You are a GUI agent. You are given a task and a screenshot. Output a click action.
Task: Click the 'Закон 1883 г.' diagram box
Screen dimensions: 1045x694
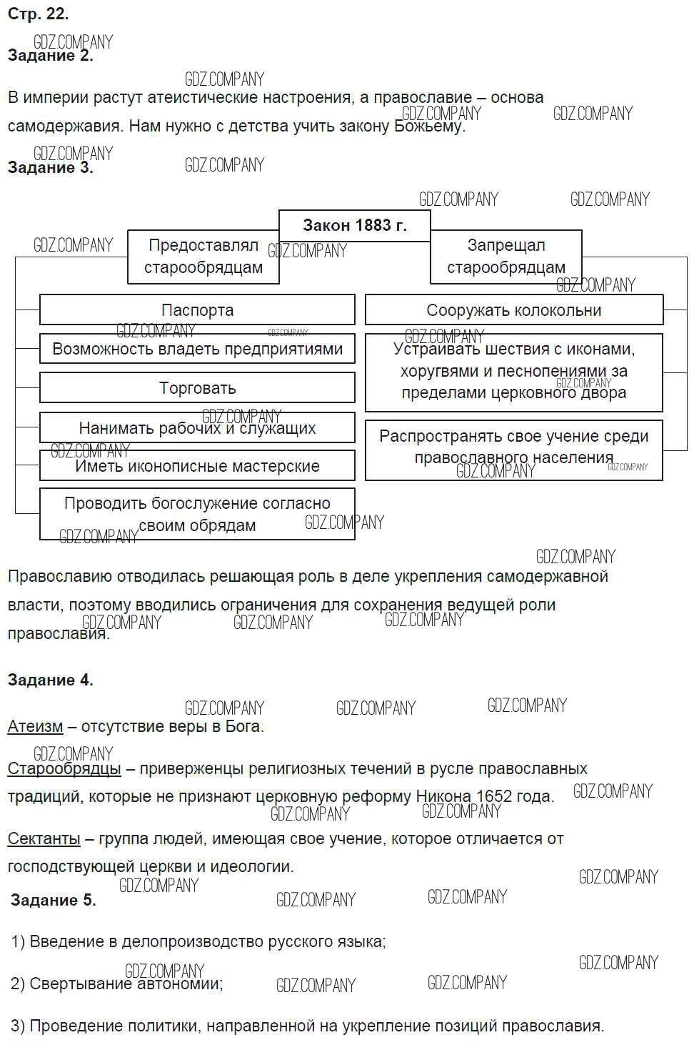pyautogui.click(x=354, y=225)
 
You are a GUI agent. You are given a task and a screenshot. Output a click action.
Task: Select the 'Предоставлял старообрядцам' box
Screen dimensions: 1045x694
pyautogui.click(x=203, y=257)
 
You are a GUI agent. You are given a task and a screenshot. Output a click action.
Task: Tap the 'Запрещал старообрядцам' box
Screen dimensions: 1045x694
pyautogui.click(x=506, y=257)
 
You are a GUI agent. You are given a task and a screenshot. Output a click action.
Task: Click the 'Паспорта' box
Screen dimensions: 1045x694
pyautogui.click(x=197, y=310)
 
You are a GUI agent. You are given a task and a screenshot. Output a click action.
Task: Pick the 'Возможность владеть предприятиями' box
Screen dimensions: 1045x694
pyautogui.click(x=197, y=349)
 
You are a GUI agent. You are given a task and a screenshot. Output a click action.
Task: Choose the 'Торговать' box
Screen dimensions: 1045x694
pyautogui.click(x=197, y=388)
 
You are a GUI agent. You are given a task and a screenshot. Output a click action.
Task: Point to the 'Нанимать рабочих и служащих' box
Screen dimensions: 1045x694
pyautogui.click(x=197, y=428)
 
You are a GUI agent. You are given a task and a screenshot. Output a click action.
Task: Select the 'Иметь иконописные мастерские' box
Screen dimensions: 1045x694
pyautogui.click(x=197, y=466)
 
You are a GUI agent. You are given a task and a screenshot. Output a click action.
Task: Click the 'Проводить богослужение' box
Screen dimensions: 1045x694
pyautogui.click(x=197, y=514)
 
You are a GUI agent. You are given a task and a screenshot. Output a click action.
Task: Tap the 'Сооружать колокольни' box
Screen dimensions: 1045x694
pyautogui.click(x=513, y=310)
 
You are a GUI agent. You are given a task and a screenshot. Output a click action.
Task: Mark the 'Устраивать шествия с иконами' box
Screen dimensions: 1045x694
pyautogui.click(x=513, y=371)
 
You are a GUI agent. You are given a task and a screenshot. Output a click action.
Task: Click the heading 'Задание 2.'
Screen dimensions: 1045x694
pyautogui.click(x=50, y=56)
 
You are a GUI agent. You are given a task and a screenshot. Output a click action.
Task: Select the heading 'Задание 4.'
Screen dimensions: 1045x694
pyautogui.click(x=50, y=680)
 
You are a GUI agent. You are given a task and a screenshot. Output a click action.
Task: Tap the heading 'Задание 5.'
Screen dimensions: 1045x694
pyautogui.click(x=53, y=900)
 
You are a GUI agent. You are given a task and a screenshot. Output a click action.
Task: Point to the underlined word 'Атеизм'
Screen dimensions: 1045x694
pyautogui.click(x=35, y=726)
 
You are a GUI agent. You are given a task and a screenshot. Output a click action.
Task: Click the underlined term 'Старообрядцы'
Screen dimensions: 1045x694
pyautogui.click(x=64, y=768)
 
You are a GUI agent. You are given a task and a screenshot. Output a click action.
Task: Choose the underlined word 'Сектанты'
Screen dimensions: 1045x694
pyautogui.click(x=44, y=838)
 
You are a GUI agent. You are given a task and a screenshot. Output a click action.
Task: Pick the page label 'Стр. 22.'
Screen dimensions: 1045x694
pyautogui.click(x=38, y=14)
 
